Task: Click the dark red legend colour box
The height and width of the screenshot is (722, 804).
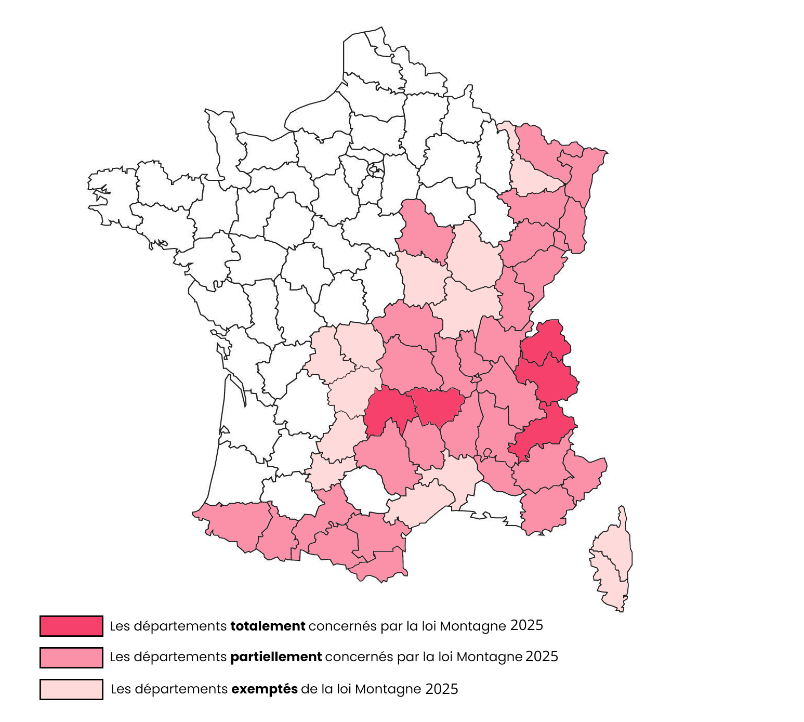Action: (x=71, y=626)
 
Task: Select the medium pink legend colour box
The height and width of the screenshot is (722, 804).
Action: (x=71, y=658)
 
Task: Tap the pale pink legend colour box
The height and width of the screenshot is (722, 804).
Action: (x=71, y=689)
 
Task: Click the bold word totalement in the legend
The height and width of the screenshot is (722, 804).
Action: (x=268, y=626)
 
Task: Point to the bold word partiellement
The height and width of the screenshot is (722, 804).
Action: (x=276, y=657)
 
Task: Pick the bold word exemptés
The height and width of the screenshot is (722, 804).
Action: (x=265, y=689)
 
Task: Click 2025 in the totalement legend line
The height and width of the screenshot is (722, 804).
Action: (x=526, y=625)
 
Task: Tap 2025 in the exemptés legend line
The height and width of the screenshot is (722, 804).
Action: (x=442, y=689)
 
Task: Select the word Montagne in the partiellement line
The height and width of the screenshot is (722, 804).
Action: (x=497, y=658)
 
